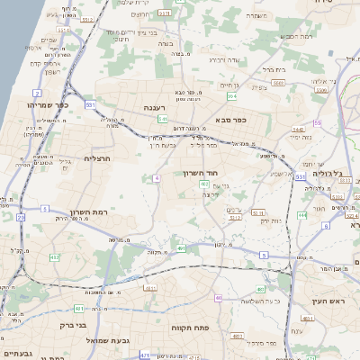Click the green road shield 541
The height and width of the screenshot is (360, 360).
163,118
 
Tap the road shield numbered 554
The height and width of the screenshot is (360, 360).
232,94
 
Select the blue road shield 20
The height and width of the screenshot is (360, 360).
21,217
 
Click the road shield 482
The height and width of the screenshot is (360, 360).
55,257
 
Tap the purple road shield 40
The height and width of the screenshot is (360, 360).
218,297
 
